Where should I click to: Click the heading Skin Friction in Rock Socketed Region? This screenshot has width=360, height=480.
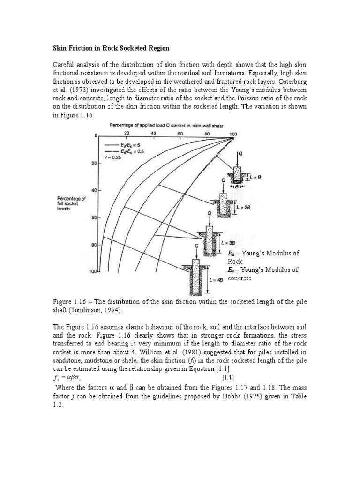coord(110,48)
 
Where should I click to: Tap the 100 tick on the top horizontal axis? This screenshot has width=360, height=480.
coord(233,135)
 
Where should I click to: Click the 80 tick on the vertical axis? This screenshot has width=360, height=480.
coord(93,245)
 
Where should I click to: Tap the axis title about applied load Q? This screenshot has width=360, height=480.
coord(167,125)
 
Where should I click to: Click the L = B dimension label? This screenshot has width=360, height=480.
coord(254,176)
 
